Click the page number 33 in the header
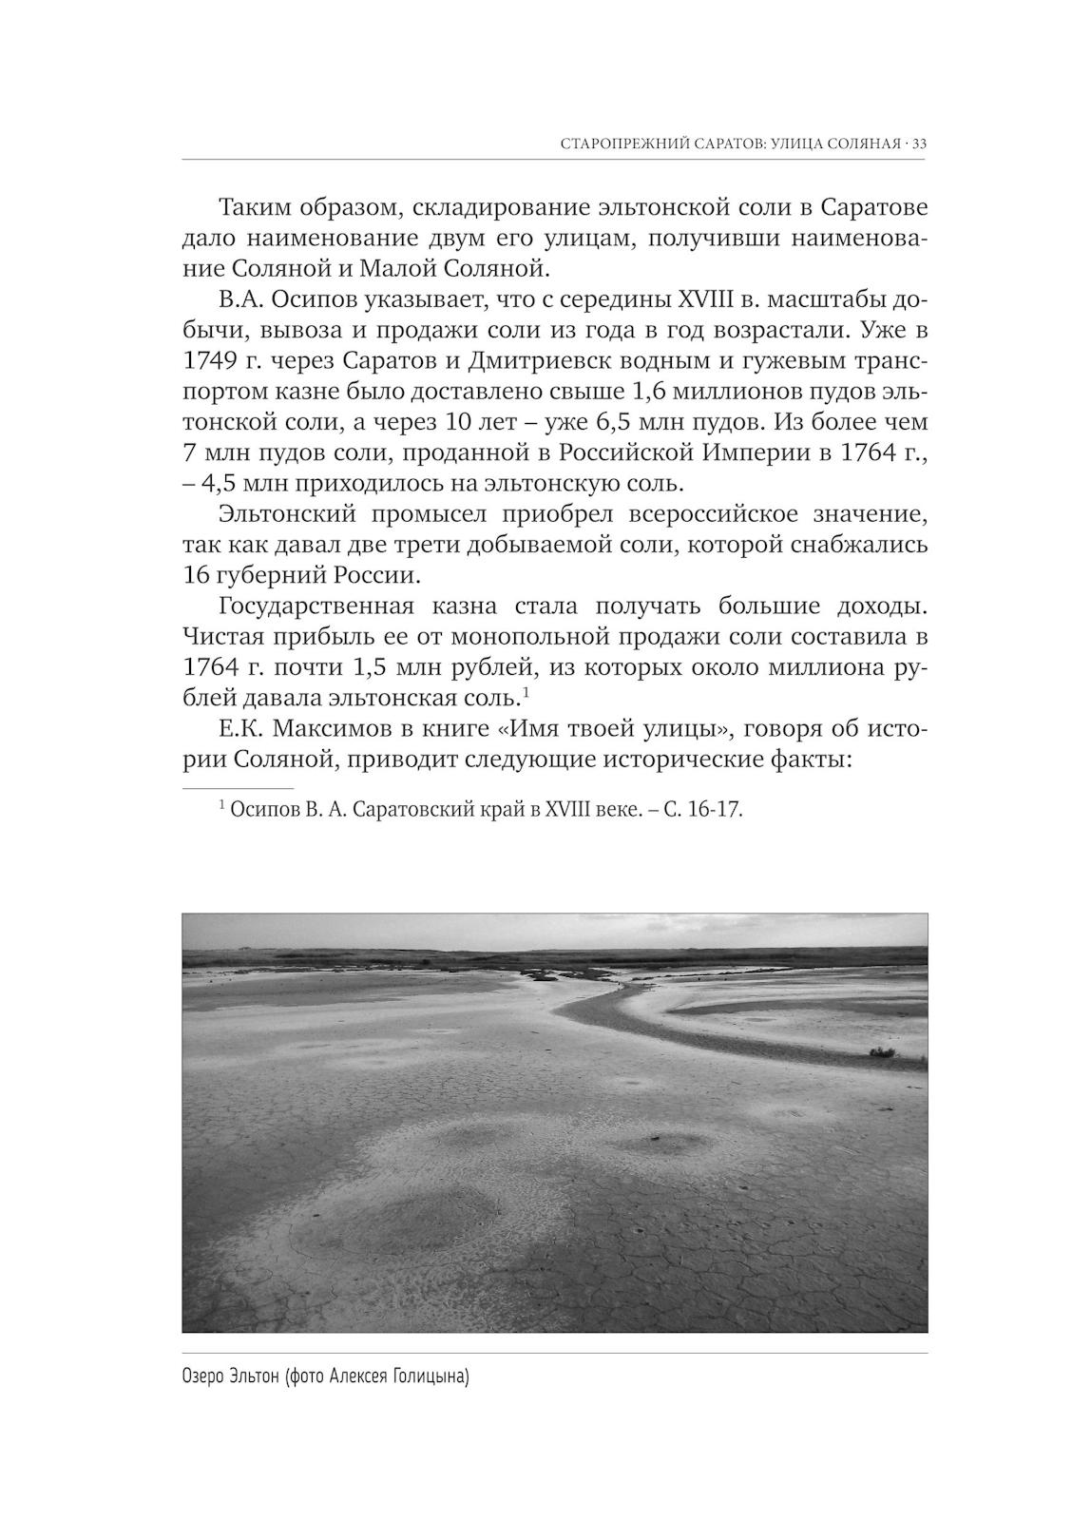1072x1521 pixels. coord(918,144)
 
